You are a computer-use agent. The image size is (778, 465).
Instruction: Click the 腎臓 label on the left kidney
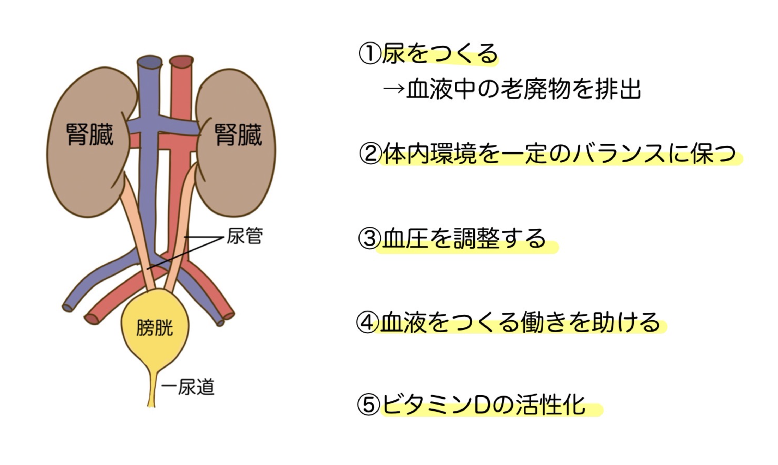(x=90, y=134)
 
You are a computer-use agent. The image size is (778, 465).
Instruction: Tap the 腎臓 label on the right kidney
(x=238, y=135)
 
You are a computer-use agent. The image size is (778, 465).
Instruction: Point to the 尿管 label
(x=245, y=236)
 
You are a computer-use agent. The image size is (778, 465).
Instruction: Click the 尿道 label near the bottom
(x=196, y=387)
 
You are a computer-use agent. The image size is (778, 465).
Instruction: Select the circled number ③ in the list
(x=370, y=238)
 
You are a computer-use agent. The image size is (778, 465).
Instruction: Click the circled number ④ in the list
(x=368, y=322)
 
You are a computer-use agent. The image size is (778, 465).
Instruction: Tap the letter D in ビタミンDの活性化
(x=482, y=405)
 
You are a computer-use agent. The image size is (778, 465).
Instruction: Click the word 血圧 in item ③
(x=405, y=238)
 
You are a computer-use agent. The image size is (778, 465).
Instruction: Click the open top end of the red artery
(x=181, y=61)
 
